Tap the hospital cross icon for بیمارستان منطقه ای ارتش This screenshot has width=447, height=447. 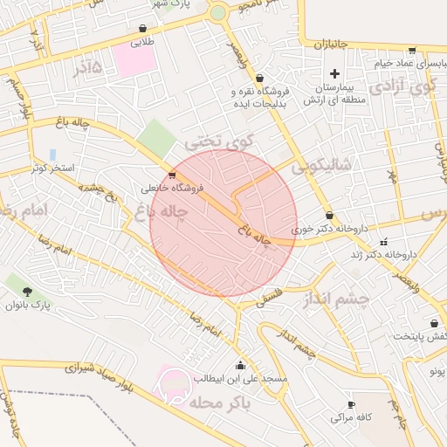(x=334, y=74)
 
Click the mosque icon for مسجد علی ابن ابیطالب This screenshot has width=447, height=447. (x=240, y=365)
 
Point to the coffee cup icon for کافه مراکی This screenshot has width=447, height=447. (x=352, y=405)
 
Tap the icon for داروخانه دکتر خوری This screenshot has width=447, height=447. (x=329, y=215)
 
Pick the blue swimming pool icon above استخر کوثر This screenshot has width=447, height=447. (x=52, y=154)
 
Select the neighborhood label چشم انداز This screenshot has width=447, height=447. (x=337, y=299)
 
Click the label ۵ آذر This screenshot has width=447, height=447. (x=87, y=67)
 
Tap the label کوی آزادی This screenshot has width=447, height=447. (x=402, y=86)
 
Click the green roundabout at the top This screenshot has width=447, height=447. (x=217, y=13)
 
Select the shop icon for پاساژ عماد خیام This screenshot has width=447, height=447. (x=411, y=51)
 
